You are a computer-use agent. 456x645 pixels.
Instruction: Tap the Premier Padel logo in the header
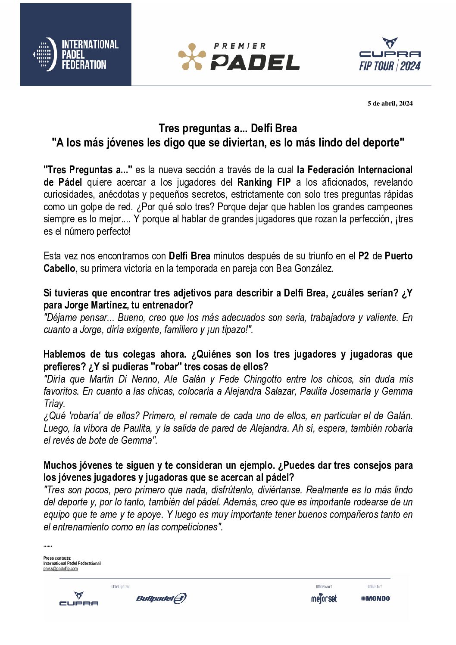point(239,56)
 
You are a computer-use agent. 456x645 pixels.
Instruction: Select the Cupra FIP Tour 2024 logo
point(390,55)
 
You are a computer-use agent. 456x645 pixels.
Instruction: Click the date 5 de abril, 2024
point(390,103)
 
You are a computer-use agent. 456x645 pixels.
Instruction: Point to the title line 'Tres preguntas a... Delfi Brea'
point(228,128)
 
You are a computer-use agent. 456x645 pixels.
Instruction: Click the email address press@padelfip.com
point(60,569)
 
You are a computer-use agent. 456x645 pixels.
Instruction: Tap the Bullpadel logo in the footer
point(161,598)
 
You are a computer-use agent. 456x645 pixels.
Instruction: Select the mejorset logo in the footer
point(324,598)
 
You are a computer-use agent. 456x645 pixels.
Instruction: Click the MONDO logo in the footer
point(376,598)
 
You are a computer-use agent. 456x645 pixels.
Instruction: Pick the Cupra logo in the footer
point(78,599)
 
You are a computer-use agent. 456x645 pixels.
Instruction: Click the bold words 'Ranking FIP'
point(264,182)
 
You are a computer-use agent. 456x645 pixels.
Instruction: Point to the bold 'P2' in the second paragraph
point(363,256)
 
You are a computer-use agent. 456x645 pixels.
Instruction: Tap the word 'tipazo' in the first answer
point(234,330)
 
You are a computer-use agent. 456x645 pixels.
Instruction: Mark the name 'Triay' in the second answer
point(54,404)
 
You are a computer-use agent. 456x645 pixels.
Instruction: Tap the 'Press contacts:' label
point(57,558)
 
